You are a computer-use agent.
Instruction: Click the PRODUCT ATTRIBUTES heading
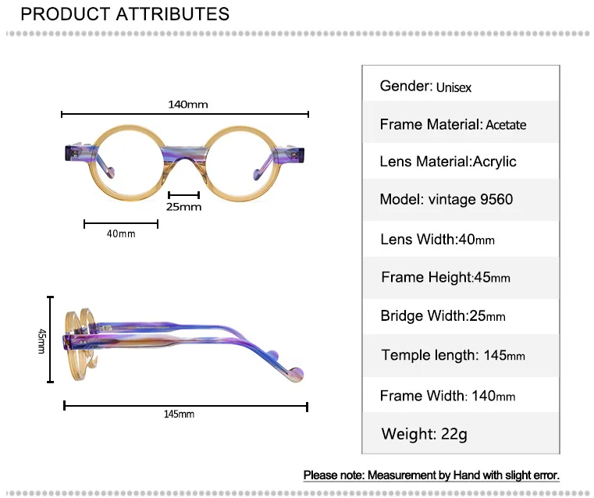coord(125,14)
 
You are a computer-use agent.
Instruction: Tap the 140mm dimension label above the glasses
coord(187,104)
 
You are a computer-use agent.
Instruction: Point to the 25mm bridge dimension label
coord(183,207)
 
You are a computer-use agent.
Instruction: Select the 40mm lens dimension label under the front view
coord(121,234)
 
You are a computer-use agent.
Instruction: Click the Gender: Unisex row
coord(461,86)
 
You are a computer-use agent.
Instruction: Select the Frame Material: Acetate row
coord(461,125)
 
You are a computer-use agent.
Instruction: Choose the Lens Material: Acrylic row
coord(461,162)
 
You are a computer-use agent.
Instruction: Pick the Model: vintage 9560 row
coord(461,200)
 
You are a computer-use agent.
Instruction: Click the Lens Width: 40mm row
coord(461,240)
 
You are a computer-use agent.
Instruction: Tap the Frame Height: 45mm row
coord(461,278)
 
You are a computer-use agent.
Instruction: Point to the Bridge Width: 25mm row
coord(461,316)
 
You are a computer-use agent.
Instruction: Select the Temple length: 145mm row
coord(461,356)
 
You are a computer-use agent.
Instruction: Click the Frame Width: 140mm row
coord(461,396)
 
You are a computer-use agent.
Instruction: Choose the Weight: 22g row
coord(461,434)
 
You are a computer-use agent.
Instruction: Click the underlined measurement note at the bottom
coord(431,475)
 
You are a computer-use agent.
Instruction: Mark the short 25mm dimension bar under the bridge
coord(183,195)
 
